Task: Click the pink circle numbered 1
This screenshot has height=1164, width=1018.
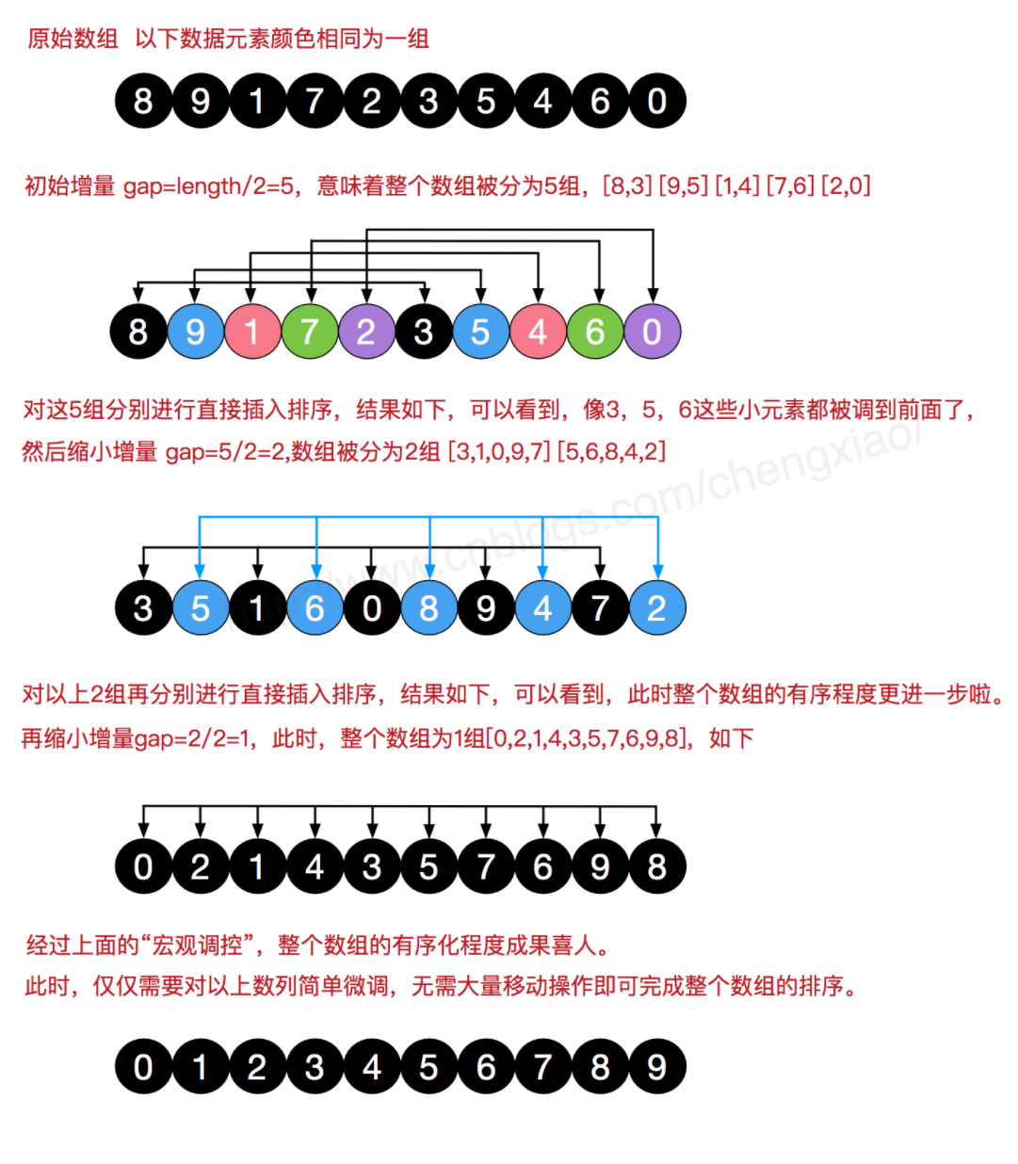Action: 251,331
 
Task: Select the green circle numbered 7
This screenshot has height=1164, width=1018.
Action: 309,331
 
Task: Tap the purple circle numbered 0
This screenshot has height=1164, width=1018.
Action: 652,331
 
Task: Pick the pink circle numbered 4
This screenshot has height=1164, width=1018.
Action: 538,331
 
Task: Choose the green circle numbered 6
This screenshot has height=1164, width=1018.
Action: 595,331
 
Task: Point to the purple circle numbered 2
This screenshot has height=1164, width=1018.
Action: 366,331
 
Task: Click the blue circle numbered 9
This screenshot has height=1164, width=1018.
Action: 195,331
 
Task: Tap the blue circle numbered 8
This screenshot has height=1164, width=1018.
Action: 429,608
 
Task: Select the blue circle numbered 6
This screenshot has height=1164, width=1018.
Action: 315,608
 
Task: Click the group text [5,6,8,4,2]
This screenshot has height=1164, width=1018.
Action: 611,452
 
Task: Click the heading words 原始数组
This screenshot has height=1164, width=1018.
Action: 73,39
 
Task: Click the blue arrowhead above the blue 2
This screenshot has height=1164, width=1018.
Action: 657,571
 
